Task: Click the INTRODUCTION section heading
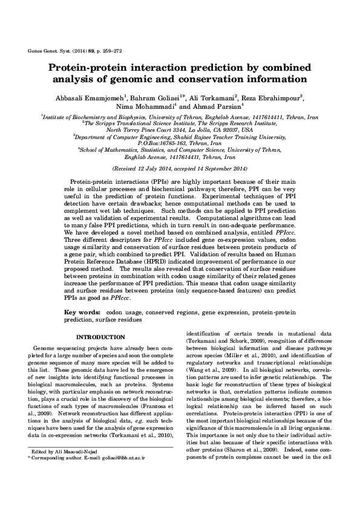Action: [x=100, y=337]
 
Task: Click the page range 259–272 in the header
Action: [x=109, y=53]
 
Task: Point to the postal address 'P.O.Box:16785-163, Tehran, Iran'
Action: [x=180, y=143]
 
